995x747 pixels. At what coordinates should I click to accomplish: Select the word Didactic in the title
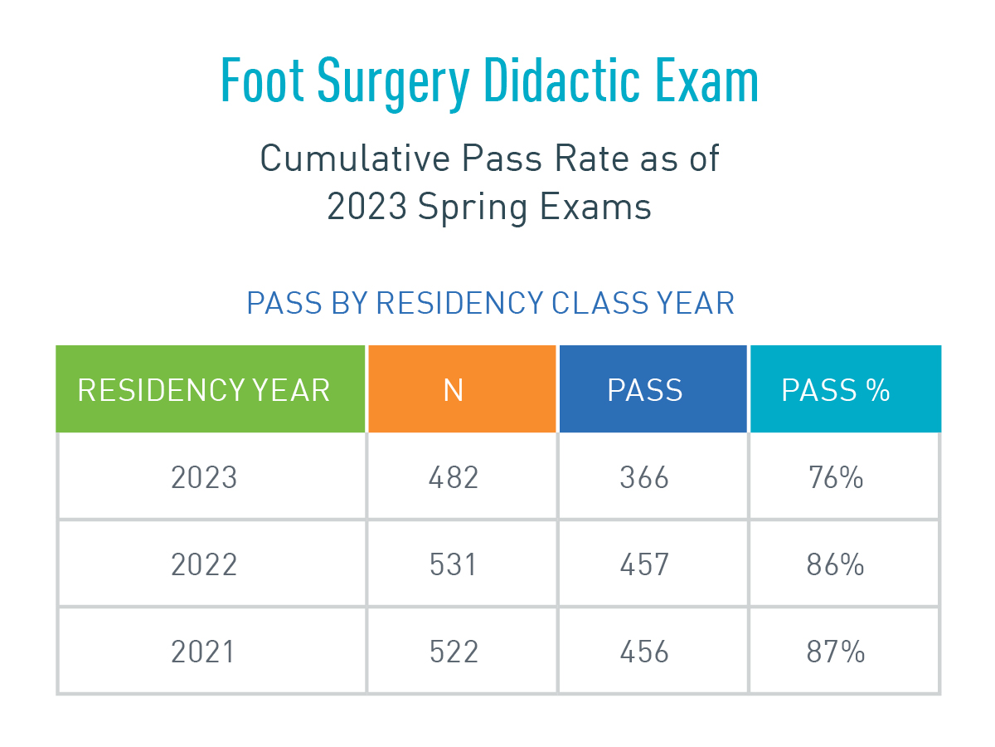point(561,81)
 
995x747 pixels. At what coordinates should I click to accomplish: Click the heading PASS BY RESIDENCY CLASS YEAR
point(490,304)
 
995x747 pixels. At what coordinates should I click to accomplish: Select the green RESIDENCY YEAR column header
point(204,390)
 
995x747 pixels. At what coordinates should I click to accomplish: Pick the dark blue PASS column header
point(645,390)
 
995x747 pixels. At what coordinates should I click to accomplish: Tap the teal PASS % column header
point(836,390)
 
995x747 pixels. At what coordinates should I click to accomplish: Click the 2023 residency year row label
point(204,478)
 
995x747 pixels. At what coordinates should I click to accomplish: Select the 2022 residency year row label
point(204,565)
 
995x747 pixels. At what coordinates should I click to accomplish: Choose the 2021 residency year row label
point(204,652)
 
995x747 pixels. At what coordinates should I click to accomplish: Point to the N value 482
point(454,478)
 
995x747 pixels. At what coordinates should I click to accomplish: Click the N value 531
point(454,565)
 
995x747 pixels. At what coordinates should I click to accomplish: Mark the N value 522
point(454,652)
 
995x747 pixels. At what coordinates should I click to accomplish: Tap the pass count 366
point(644,478)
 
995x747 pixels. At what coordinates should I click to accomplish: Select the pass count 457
point(644,565)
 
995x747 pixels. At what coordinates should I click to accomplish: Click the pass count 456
point(644,652)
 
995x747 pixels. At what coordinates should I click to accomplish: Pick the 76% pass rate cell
point(835,478)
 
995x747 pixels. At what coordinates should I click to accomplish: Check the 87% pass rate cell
point(835,652)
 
